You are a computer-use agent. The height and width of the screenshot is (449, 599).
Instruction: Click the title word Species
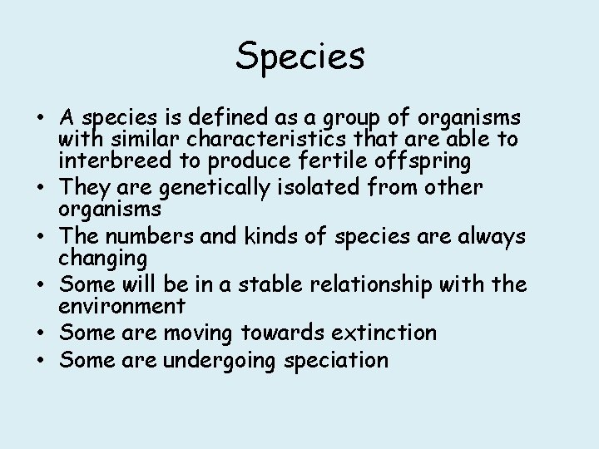point(299,57)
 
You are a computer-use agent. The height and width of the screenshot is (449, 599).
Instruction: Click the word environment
point(121,306)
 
